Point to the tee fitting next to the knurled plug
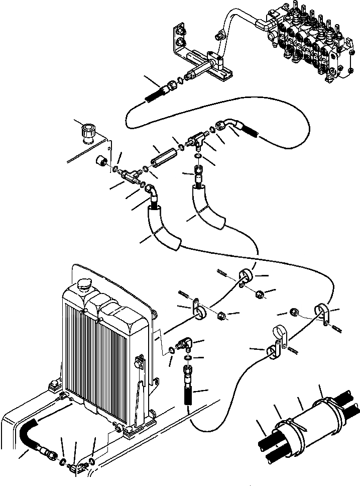(x=132, y=173)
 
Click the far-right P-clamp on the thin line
(x=320, y=313)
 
